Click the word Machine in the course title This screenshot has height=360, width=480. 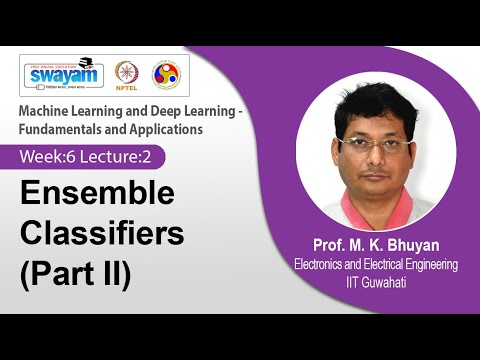pyautogui.click(x=50, y=109)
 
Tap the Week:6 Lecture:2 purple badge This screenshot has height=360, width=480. pyautogui.click(x=91, y=157)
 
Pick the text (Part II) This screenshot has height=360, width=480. pyautogui.click(x=76, y=274)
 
